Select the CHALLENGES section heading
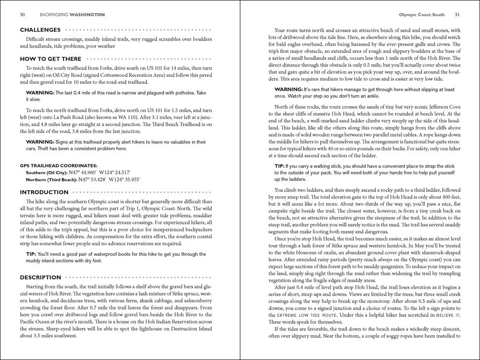[40, 29]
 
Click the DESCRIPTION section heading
[41, 277]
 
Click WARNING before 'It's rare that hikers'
[288, 90]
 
